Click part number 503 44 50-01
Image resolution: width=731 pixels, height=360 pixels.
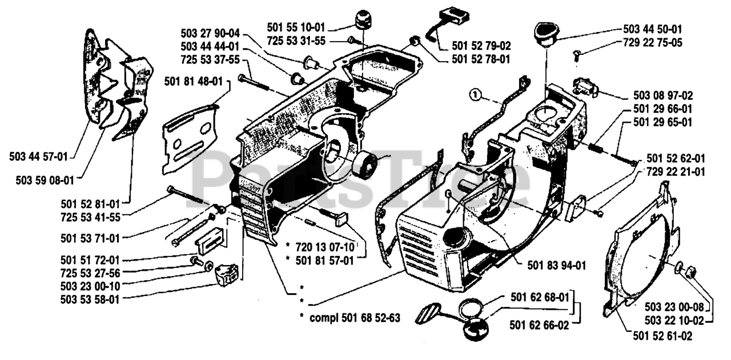[x=653, y=29]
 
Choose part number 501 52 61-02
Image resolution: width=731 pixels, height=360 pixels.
[x=663, y=337]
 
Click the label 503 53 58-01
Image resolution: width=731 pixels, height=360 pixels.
[x=90, y=298]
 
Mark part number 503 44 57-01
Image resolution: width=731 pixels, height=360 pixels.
[x=38, y=155]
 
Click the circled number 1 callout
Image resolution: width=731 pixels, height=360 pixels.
[x=473, y=94]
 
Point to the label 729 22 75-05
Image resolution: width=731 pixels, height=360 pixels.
[x=653, y=43]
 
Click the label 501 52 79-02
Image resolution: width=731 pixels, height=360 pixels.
[x=481, y=45]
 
